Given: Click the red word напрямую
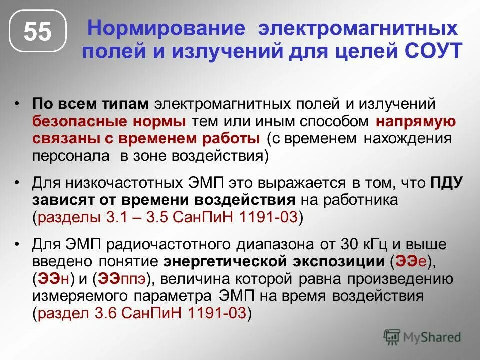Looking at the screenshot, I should [x=416, y=121].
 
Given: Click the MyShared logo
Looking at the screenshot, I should [x=422, y=336].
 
